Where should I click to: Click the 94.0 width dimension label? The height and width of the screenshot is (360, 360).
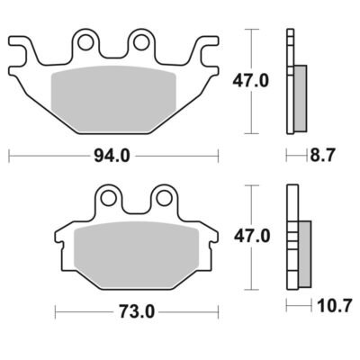(x=112, y=156)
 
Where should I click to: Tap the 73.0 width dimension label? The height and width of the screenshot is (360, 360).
(x=137, y=311)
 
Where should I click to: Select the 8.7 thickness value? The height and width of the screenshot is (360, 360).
(x=322, y=156)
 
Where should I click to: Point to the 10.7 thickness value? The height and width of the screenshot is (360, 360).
(x=335, y=306)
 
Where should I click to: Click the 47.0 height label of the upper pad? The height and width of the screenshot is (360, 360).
(x=251, y=81)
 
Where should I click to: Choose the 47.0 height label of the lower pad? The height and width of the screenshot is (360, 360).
(x=252, y=237)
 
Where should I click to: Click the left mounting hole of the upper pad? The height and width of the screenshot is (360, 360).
(x=85, y=42)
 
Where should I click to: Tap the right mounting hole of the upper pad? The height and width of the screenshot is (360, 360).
(x=141, y=42)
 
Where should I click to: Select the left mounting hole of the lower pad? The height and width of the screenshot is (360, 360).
(x=108, y=198)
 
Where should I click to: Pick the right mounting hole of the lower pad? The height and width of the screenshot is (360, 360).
(x=164, y=198)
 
